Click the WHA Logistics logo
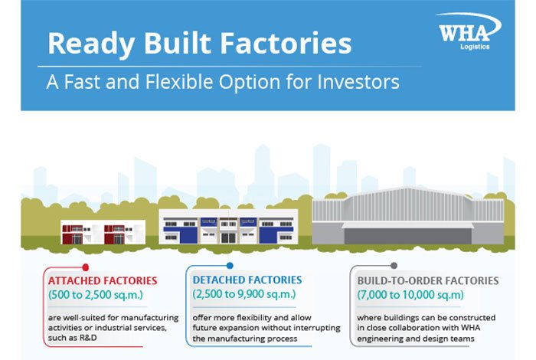click(x=469, y=31)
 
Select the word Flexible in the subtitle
click(x=179, y=82)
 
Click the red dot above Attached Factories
click(x=86, y=267)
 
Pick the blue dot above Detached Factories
click(x=230, y=266)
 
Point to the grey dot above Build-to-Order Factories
click(x=394, y=266)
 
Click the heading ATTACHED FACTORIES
click(x=103, y=280)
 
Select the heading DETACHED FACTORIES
click(x=247, y=280)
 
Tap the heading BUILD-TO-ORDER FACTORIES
click(x=427, y=280)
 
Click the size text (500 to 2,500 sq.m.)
click(x=96, y=295)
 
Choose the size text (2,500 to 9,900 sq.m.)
click(x=244, y=294)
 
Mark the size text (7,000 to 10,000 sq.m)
click(x=410, y=295)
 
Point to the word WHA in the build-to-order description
click(x=471, y=328)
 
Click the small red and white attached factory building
click(x=103, y=232)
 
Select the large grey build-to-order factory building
click(x=408, y=215)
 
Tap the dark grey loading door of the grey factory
click(x=407, y=236)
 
